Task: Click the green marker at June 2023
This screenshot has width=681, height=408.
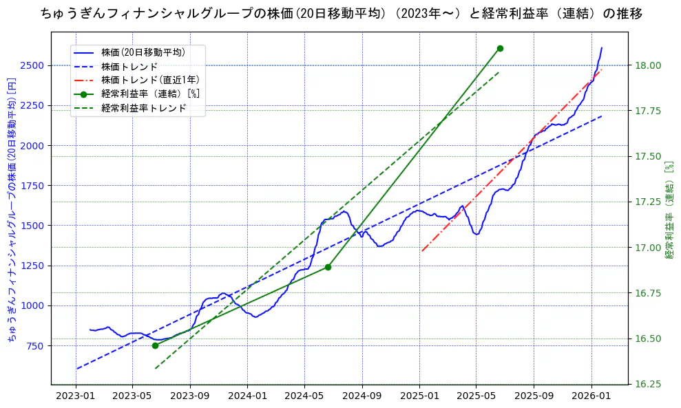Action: coord(155,345)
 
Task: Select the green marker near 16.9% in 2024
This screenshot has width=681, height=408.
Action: coord(328,267)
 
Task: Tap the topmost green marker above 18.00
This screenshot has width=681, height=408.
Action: coord(500,48)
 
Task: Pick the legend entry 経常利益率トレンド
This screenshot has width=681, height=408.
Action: coord(143,108)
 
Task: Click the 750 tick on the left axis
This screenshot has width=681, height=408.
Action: coord(36,345)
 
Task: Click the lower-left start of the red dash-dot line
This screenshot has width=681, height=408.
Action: coord(421,251)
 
